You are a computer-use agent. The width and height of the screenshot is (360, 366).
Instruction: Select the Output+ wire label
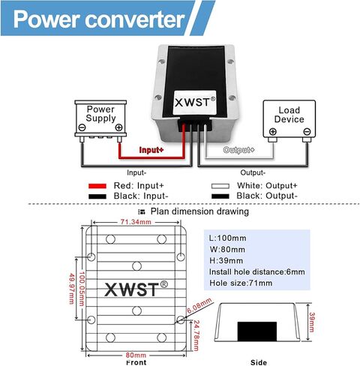(239, 150)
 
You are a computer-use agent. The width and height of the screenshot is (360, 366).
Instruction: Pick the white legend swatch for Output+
(218, 185)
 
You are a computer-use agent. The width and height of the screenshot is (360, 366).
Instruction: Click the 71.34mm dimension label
(136, 223)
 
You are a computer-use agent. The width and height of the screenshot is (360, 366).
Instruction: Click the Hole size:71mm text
(239, 283)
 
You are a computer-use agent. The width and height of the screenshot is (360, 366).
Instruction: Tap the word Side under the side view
(258, 361)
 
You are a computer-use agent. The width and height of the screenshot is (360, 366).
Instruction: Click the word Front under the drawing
(135, 361)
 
